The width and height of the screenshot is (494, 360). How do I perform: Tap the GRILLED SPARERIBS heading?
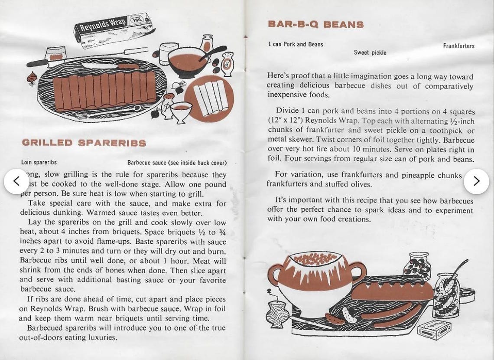coord(84,143)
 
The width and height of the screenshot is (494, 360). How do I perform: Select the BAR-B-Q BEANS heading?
coord(316,24)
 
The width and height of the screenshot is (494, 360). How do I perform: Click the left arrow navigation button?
coord(16,181)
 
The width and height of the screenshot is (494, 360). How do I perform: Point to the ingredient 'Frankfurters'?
coord(458,46)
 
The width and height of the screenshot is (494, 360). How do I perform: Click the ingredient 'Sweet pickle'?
coord(370,53)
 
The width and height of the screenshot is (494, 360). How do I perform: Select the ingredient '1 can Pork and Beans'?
coord(296,44)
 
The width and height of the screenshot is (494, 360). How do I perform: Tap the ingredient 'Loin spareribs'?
coord(39,163)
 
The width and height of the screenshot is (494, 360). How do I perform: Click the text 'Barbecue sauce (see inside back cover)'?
coord(177,163)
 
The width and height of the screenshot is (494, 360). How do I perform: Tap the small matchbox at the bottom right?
coord(434,330)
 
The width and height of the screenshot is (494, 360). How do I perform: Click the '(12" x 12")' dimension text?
coord(285,120)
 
